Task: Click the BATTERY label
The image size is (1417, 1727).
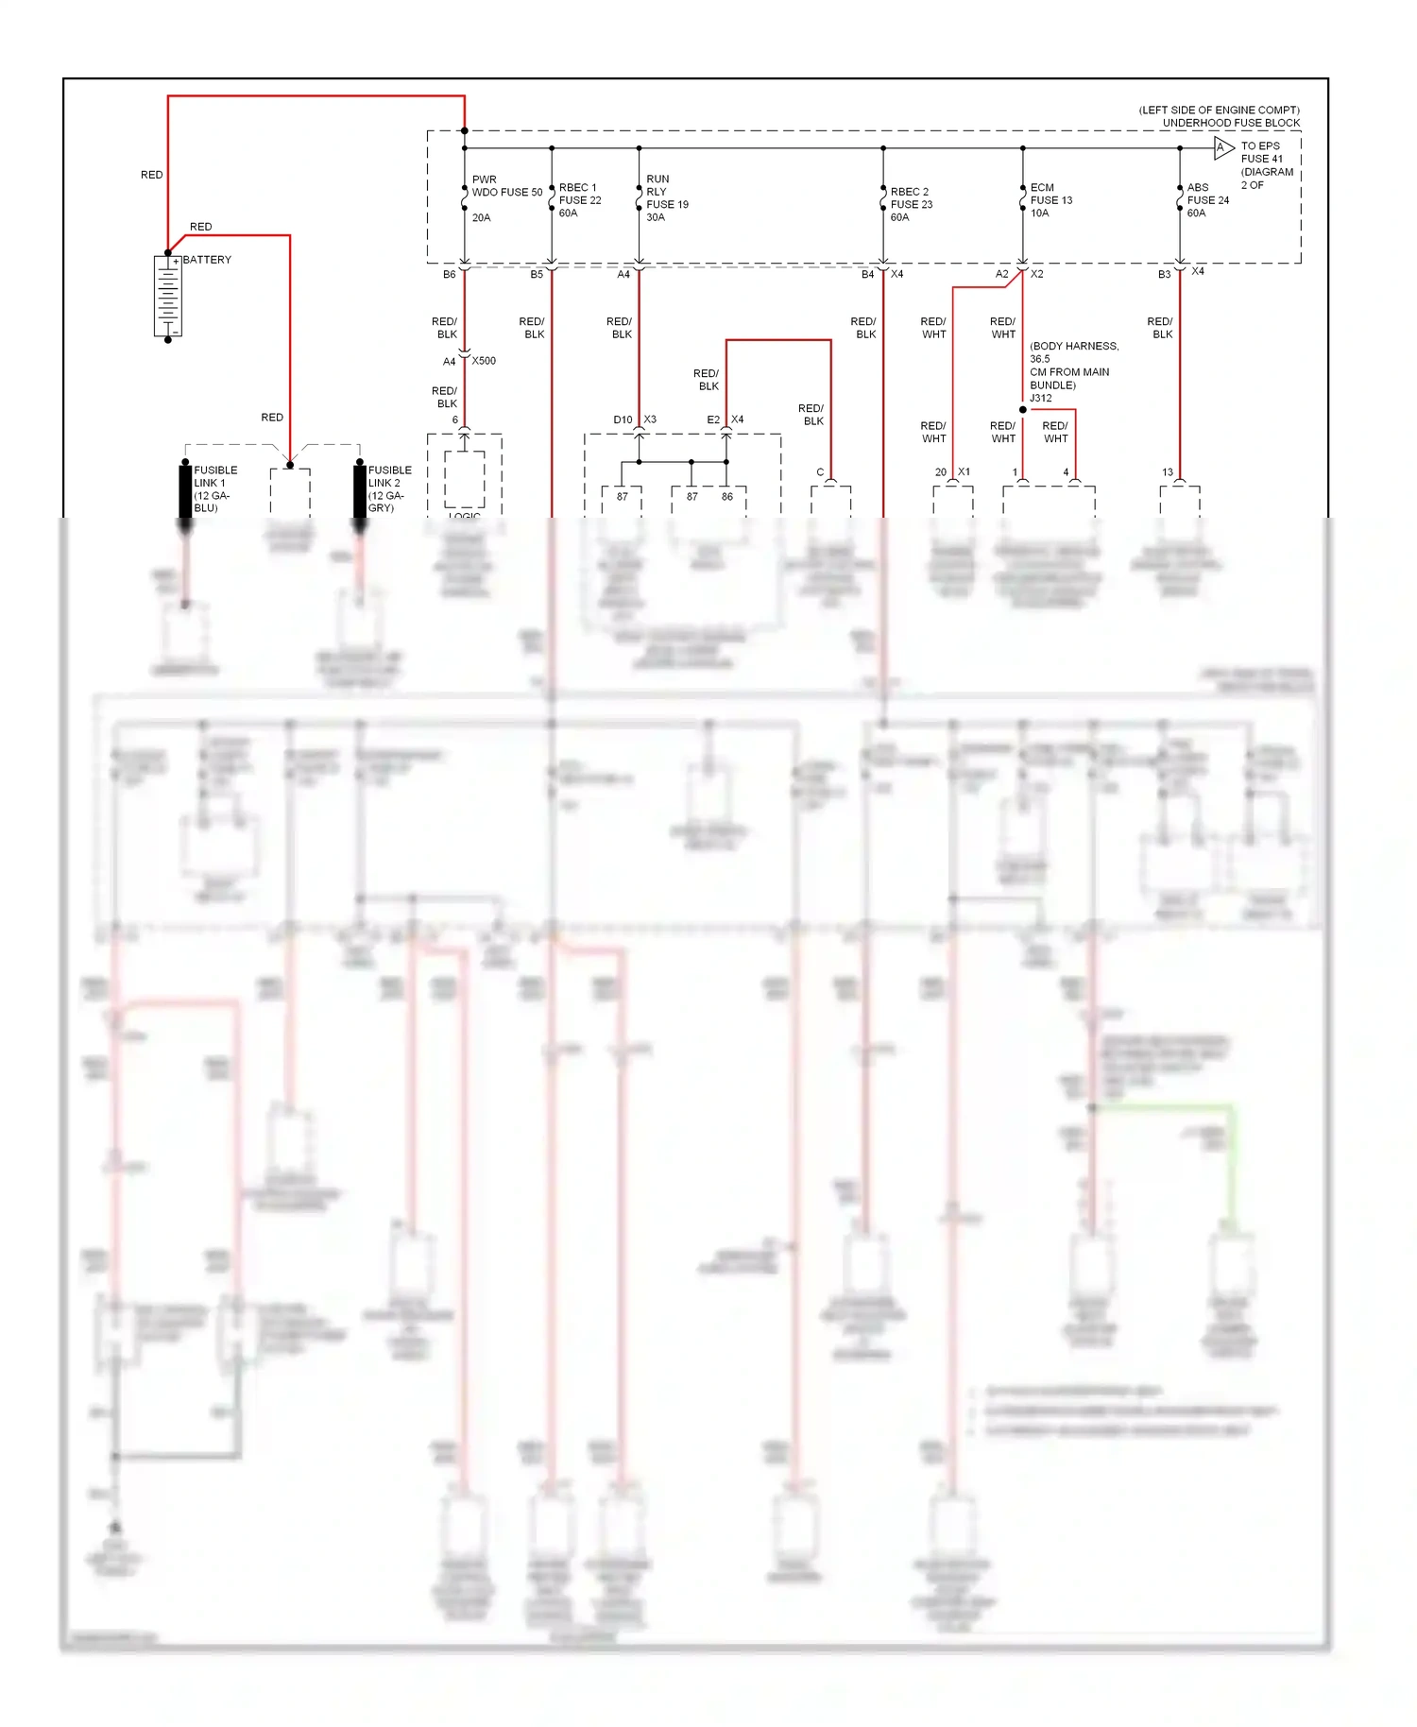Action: click(207, 260)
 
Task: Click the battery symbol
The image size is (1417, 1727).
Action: click(168, 296)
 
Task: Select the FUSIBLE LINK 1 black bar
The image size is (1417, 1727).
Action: click(185, 489)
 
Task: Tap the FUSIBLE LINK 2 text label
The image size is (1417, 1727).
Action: click(389, 488)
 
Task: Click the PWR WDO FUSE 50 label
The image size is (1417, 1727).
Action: click(506, 186)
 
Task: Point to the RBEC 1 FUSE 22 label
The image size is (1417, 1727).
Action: click(579, 200)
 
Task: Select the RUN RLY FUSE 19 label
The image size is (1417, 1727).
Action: click(666, 197)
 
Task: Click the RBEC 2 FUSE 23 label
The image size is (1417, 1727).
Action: click(911, 204)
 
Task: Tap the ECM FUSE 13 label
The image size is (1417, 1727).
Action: click(1050, 200)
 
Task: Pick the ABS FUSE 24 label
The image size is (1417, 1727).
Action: click(1207, 200)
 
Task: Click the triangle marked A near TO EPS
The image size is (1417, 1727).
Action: click(1223, 147)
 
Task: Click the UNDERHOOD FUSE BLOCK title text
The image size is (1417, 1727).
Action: click(1230, 123)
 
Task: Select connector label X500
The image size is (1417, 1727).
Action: click(484, 361)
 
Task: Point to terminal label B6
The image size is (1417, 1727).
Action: click(449, 275)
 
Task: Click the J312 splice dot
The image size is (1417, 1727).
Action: click(1022, 410)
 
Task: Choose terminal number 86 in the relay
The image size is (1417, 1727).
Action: click(726, 497)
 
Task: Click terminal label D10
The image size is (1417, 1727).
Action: click(623, 419)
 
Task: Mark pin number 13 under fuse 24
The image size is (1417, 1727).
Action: click(1168, 472)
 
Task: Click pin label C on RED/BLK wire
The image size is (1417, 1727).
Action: click(820, 472)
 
